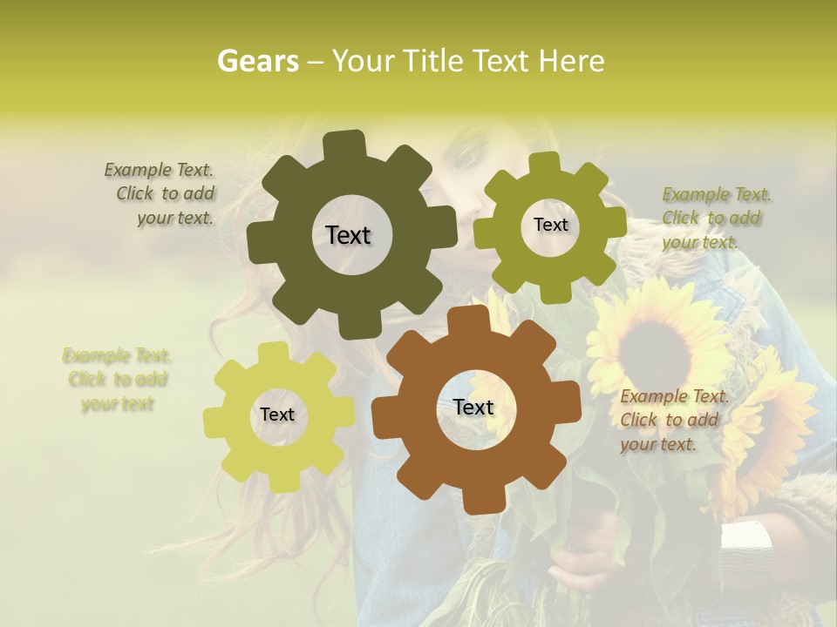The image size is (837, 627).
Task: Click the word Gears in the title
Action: click(x=257, y=61)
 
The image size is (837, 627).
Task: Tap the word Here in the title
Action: click(x=571, y=61)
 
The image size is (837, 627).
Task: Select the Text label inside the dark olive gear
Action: click(x=348, y=235)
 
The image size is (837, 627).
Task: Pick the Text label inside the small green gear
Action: click(x=550, y=225)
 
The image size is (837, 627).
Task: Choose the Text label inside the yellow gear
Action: click(x=277, y=415)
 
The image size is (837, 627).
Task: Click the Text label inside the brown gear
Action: click(x=473, y=407)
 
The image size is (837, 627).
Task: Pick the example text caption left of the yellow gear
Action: click(x=117, y=380)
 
